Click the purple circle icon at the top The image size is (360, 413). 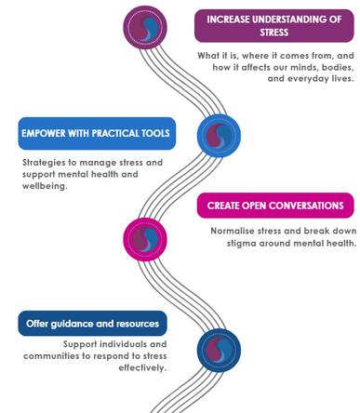(x=145, y=27)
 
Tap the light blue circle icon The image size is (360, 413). (x=219, y=135)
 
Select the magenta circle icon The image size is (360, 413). (x=145, y=239)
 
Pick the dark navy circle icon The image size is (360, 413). (x=219, y=350)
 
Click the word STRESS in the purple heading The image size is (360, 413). (x=274, y=33)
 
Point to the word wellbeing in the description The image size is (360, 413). (x=45, y=186)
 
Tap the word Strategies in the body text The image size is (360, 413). (x=44, y=163)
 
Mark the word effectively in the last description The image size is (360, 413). (x=142, y=367)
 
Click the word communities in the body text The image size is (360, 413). (x=51, y=356)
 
